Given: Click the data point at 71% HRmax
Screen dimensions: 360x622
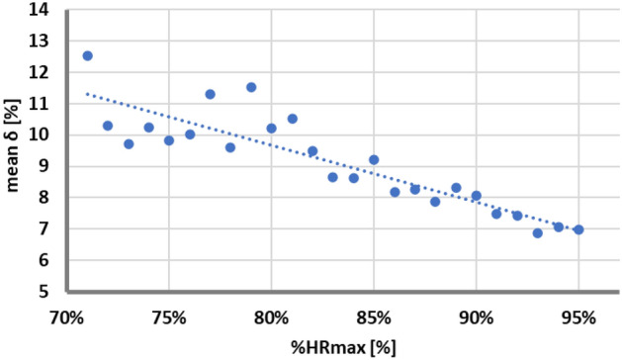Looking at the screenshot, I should [x=87, y=56].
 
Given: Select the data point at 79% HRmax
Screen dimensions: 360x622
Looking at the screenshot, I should [x=251, y=87].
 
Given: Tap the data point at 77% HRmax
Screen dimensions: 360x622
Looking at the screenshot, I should [x=210, y=94].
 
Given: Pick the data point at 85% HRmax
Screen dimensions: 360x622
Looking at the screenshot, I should [x=374, y=159].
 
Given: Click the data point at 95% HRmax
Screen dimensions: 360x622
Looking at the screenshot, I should [x=578, y=229].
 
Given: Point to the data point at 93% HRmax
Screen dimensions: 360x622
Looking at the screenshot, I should [x=538, y=233].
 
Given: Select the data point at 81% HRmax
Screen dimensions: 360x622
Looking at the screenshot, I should [x=292, y=119].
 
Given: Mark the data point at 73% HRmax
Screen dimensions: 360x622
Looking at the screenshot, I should [x=129, y=144].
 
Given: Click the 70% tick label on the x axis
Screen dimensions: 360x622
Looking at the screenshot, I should [x=66, y=317].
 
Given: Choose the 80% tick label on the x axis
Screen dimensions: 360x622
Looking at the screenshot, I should [x=271, y=317].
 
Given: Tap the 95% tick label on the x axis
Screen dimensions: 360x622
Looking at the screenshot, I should [x=578, y=317].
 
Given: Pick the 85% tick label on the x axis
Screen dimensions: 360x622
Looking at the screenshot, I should [x=374, y=317].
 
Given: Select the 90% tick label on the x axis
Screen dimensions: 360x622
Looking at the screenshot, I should [x=476, y=317].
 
